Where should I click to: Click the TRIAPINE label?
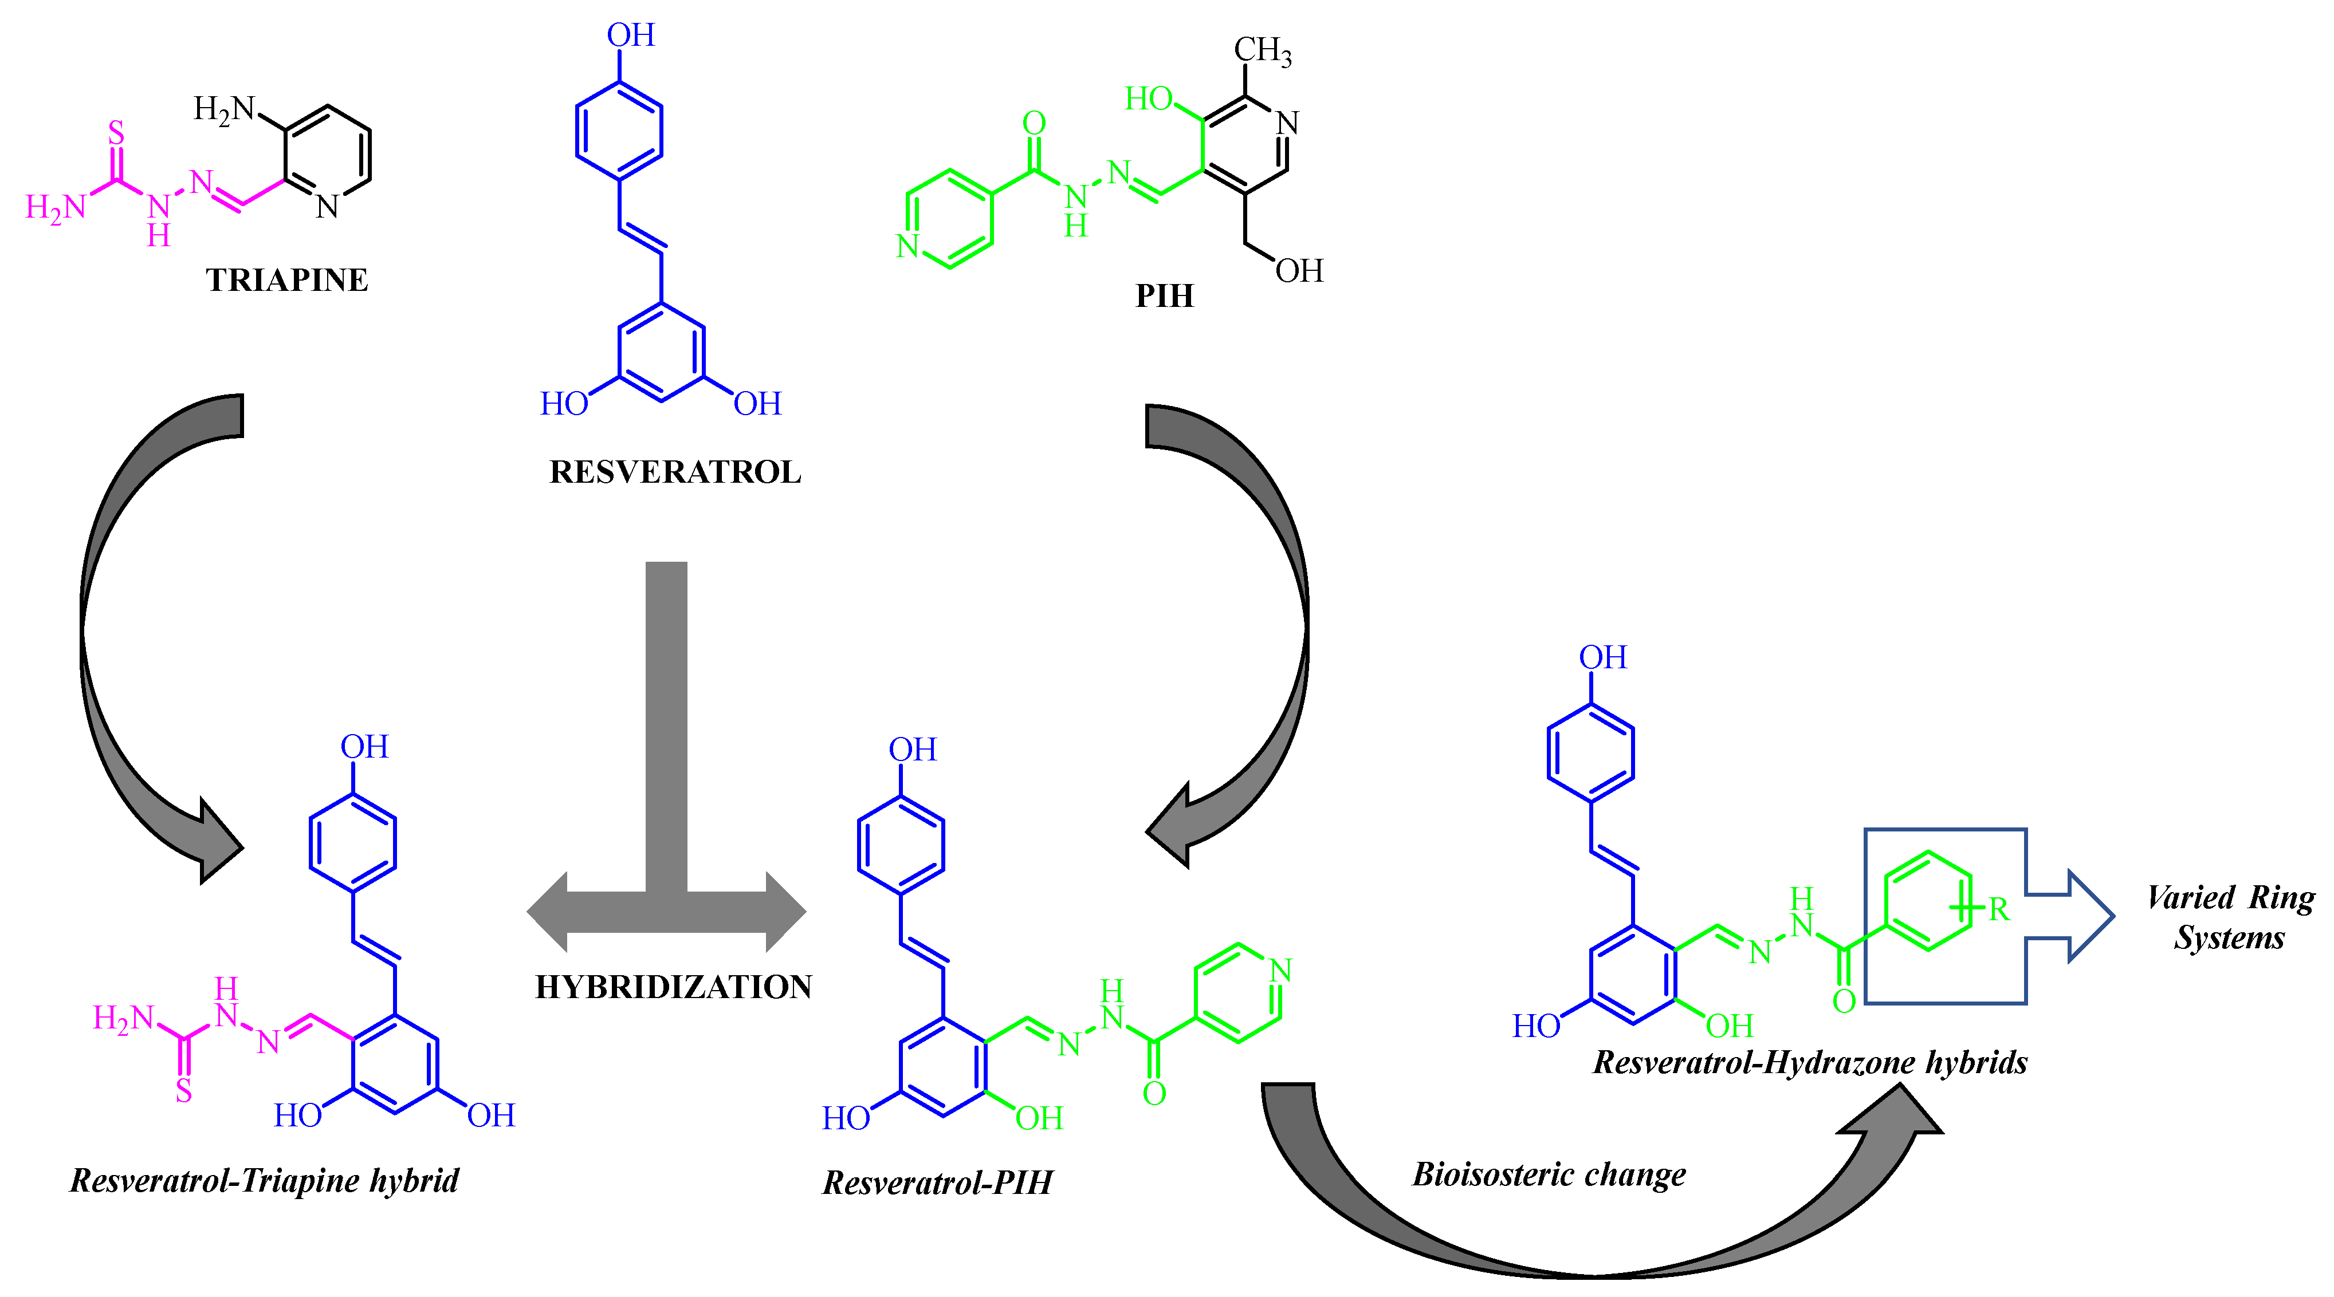pos(286,280)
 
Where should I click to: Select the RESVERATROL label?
pos(675,472)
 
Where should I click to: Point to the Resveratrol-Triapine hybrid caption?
pos(265,1180)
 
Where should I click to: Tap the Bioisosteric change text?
pos(1549,1174)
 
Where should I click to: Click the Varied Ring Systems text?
pos(2230,917)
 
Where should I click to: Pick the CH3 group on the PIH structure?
pos(1262,51)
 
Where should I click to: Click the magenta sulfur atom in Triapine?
pos(116,133)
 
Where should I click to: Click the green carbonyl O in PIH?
pos(1034,123)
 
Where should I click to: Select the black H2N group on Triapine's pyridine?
pos(224,109)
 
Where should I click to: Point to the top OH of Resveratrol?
pos(631,36)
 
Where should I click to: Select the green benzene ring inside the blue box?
pos(1928,901)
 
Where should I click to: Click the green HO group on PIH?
pos(1149,98)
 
